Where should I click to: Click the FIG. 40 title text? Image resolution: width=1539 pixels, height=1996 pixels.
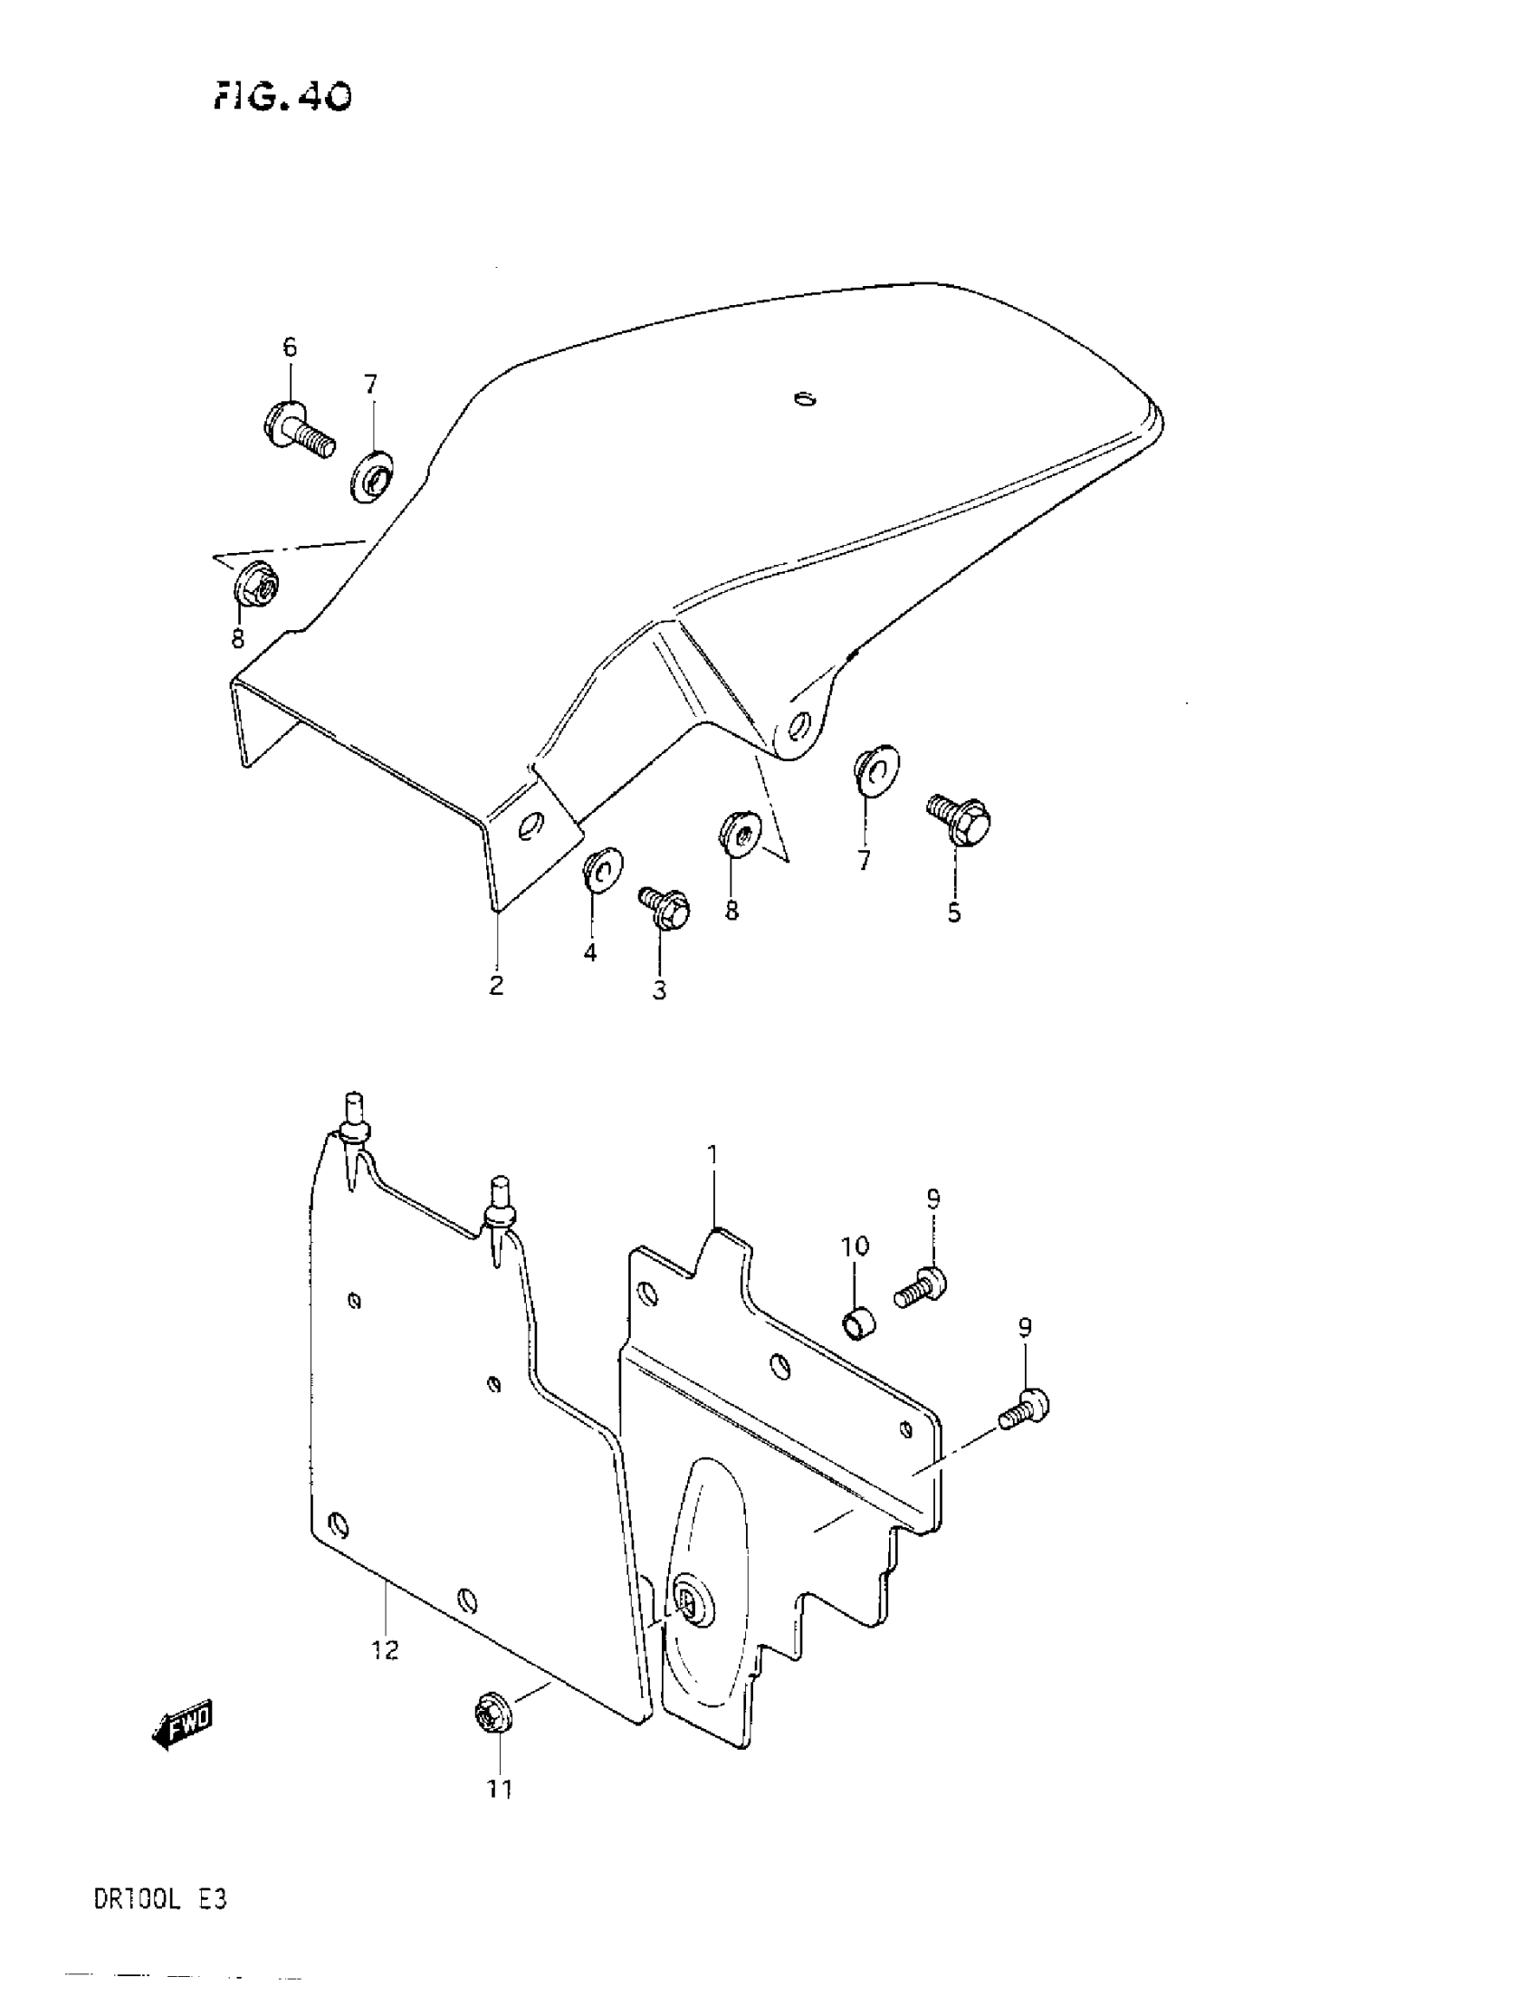[x=283, y=95]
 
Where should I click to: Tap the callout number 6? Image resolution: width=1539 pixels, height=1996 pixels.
[x=290, y=348]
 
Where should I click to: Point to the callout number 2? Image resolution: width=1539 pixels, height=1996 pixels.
[x=496, y=986]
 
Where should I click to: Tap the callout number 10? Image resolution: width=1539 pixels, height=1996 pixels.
[x=856, y=1246]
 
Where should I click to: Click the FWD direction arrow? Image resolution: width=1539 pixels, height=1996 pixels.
[x=183, y=1724]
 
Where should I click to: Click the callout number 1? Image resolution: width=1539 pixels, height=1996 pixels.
[x=713, y=1155]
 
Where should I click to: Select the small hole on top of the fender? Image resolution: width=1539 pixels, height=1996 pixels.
[x=804, y=397]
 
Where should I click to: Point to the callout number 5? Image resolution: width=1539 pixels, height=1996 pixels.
[x=954, y=913]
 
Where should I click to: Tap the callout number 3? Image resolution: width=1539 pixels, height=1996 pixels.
[x=660, y=989]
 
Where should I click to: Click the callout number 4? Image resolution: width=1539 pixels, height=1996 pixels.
[x=590, y=952]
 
